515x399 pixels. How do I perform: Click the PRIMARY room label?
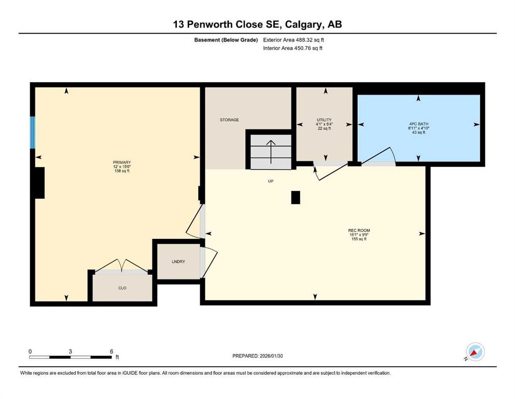(x=121, y=162)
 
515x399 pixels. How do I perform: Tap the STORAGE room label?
(x=229, y=120)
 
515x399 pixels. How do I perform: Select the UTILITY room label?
(x=324, y=120)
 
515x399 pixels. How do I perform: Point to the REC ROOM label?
(x=359, y=230)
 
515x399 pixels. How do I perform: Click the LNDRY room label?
(x=178, y=262)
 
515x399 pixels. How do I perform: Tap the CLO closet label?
(x=122, y=288)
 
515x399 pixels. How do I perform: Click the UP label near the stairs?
(x=270, y=181)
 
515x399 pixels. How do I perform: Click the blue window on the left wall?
(x=33, y=132)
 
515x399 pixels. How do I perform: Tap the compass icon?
(x=475, y=352)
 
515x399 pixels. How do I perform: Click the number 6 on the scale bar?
(x=111, y=351)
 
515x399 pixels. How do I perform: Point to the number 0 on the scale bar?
(x=30, y=351)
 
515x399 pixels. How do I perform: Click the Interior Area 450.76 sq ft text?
(x=293, y=48)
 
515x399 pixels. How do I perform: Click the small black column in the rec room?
(x=295, y=197)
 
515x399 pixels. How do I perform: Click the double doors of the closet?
(x=121, y=267)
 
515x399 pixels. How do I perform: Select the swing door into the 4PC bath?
(x=379, y=156)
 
